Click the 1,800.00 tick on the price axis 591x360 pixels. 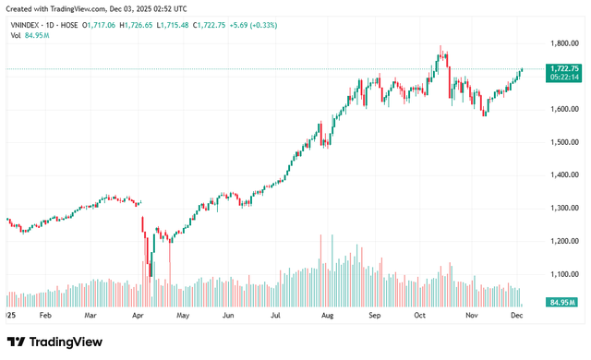[563, 43]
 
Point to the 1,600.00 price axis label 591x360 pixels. [563, 109]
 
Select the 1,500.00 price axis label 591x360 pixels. [563, 142]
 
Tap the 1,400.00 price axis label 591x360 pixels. [563, 174]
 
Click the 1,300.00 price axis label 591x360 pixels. [563, 208]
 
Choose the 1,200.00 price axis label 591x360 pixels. [563, 241]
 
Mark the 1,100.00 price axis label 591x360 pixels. [563, 274]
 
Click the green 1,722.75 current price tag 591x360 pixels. [563, 68]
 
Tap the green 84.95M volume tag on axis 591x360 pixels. [562, 302]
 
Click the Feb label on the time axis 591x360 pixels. [45, 315]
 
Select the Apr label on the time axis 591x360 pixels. [139, 315]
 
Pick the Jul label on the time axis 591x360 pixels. [276, 315]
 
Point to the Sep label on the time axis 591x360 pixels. [375, 315]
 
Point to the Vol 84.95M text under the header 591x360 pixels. [29, 36]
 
